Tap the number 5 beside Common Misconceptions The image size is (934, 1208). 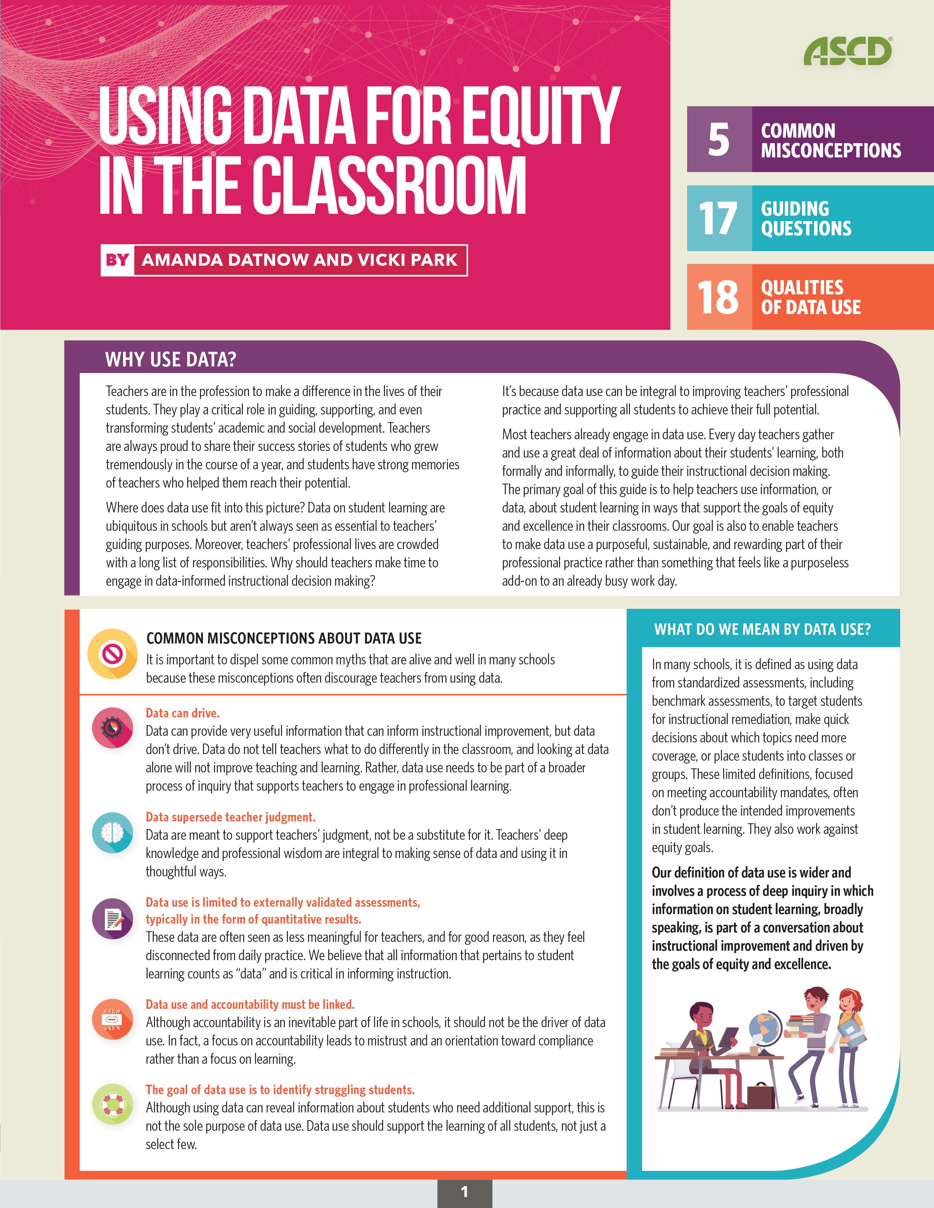(x=718, y=139)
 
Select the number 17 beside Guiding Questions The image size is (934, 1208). (x=718, y=218)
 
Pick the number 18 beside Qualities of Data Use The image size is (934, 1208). (x=718, y=297)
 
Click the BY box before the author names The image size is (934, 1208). (x=117, y=260)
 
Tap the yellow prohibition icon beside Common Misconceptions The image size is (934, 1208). (x=113, y=655)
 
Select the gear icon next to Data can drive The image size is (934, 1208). (x=113, y=728)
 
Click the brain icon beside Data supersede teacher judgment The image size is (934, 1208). (x=113, y=832)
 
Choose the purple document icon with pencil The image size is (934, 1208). (x=113, y=919)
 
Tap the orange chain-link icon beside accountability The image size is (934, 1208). (x=113, y=1019)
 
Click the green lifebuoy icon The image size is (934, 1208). (x=113, y=1104)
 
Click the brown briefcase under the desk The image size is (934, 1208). (x=761, y=1095)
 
